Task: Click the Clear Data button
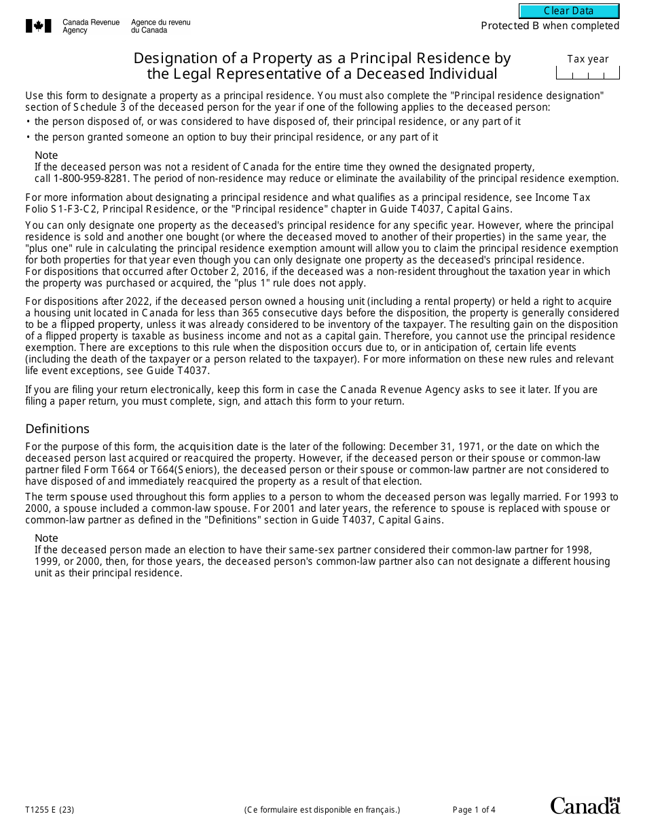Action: (569, 11)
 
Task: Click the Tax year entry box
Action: (587, 73)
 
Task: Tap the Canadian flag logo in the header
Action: (39, 26)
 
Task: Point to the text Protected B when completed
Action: (550, 26)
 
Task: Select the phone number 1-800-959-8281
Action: (86, 179)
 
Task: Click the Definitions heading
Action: (57, 428)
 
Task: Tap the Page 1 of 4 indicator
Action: (474, 809)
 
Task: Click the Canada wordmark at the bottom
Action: (585, 806)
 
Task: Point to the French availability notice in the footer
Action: (322, 809)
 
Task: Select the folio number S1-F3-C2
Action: (74, 209)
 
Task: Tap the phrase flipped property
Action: (100, 324)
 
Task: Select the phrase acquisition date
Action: (218, 447)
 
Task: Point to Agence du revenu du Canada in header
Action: (160, 26)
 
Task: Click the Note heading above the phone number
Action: (46, 155)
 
